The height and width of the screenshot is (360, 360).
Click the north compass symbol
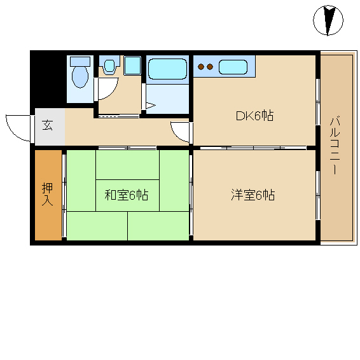point(328,20)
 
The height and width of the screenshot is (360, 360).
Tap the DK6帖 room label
point(255,116)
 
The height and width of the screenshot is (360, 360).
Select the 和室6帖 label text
point(127,195)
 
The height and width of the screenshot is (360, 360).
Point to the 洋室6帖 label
point(253,195)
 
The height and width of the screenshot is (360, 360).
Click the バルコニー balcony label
point(335,146)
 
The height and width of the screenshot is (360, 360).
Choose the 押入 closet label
point(48,194)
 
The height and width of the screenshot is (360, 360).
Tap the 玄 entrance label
point(48,125)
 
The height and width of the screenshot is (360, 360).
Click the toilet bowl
point(80,76)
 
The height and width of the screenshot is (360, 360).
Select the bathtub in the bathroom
point(167,69)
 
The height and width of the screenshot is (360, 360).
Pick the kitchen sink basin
point(233,67)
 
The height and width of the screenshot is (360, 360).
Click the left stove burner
point(201,67)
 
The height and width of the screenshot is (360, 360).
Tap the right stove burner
point(210,67)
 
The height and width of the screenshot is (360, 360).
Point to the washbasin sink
point(109,66)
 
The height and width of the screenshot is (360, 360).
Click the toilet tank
point(80,62)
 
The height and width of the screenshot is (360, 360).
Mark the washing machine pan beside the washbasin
point(132,66)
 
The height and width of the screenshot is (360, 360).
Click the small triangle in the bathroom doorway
point(150,106)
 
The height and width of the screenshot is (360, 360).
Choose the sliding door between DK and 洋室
point(253,148)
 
